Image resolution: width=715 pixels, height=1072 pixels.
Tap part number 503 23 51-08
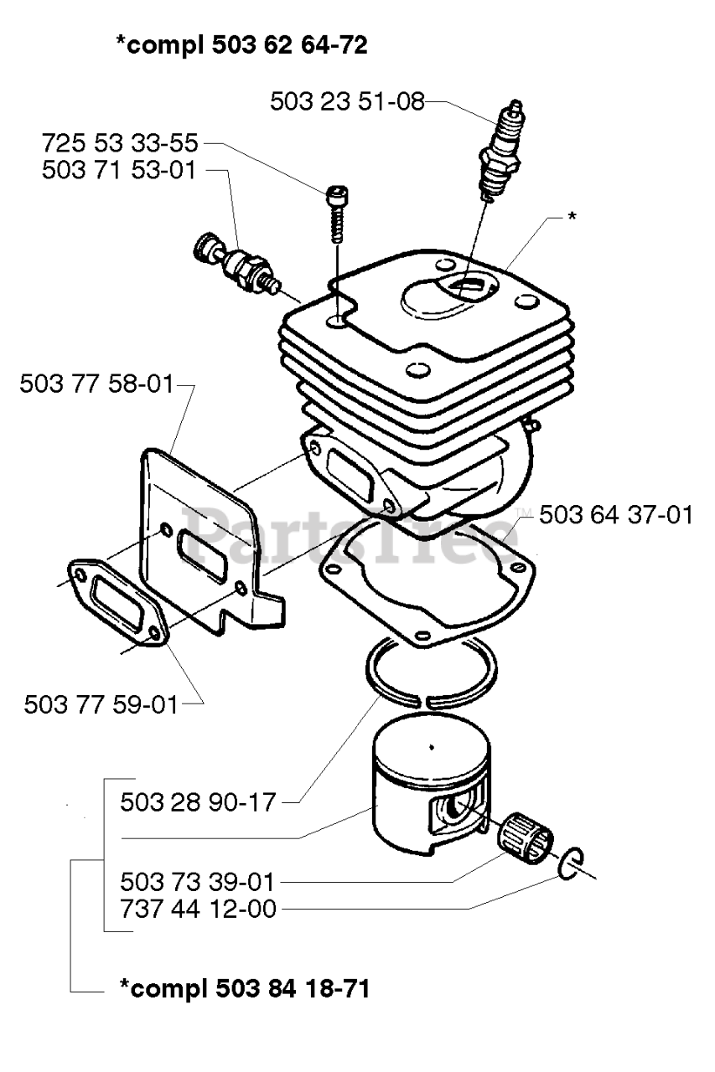point(347,102)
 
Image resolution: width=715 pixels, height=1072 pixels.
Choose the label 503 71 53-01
point(119,170)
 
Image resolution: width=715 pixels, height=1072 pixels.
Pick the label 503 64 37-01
point(616,514)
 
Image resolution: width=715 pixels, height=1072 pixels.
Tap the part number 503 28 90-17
point(198,801)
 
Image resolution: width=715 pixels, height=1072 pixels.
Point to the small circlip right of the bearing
point(572,865)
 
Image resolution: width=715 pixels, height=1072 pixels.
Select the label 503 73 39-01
point(198,882)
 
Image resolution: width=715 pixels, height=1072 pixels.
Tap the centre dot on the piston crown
point(430,747)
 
